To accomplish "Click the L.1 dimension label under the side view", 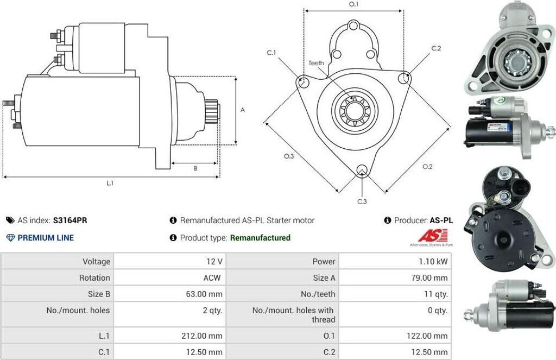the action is point(110,183).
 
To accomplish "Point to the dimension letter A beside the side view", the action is point(243,110).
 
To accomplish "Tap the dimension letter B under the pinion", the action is point(195,168).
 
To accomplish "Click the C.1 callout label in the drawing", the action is point(271,53).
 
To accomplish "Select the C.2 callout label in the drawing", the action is point(436,48).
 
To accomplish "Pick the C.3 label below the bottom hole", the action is point(362,201).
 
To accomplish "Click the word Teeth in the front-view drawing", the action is point(316,63).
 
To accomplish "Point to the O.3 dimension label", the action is point(289,156).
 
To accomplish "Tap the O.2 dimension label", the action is point(428,166).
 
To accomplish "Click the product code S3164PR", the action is point(70,220).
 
